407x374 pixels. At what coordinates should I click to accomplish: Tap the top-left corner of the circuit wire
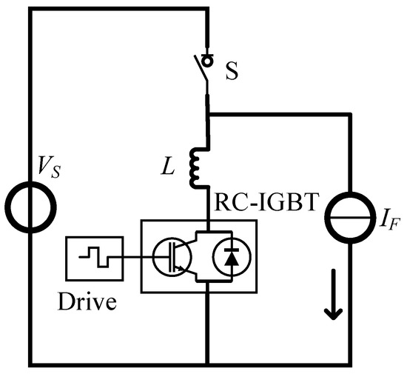[28, 10]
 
